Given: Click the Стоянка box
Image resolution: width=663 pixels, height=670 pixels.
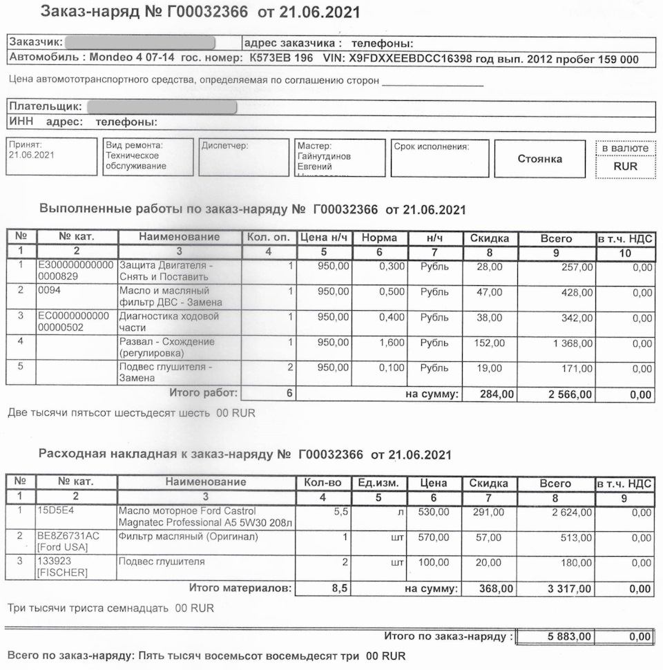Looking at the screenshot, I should pyautogui.click(x=539, y=159).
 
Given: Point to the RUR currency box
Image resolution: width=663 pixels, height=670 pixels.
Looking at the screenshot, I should pyautogui.click(x=625, y=166).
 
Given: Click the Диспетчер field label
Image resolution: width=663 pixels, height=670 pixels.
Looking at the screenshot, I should pyautogui.click(x=224, y=146).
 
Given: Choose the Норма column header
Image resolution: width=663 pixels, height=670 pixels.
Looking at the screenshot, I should pyautogui.click(x=379, y=238).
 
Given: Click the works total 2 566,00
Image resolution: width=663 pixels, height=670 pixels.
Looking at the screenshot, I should pyautogui.click(x=569, y=395).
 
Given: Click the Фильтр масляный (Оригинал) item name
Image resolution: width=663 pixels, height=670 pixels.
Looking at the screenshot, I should pyautogui.click(x=189, y=537).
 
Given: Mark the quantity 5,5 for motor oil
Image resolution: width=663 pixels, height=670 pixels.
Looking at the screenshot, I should pyautogui.click(x=333, y=512).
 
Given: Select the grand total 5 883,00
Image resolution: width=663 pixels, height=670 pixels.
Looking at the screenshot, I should pyautogui.click(x=569, y=636).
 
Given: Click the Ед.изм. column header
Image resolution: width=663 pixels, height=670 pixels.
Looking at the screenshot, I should pyautogui.click(x=378, y=484).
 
